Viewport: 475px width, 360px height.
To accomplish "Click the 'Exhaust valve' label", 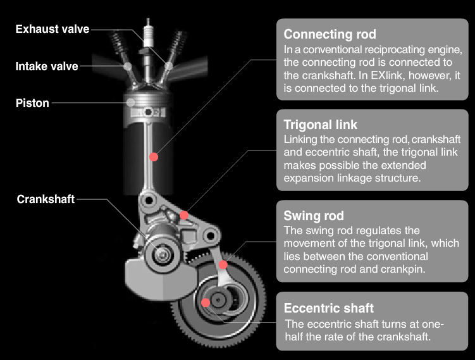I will click(x=52, y=29).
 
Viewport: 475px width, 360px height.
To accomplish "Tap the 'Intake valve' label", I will click(x=46, y=66).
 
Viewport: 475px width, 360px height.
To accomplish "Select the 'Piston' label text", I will click(x=32, y=102).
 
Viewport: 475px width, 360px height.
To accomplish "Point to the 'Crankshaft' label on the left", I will click(x=46, y=199).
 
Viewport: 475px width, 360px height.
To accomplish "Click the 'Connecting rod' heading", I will click(x=330, y=34).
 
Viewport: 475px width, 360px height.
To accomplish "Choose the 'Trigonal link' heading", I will click(x=321, y=125).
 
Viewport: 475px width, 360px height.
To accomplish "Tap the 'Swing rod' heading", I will click(x=314, y=216).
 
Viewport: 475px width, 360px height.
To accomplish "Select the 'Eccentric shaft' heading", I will click(x=329, y=308).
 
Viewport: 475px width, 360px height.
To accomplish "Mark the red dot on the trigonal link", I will click(x=183, y=215).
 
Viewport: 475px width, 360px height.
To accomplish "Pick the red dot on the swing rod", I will click(x=223, y=264).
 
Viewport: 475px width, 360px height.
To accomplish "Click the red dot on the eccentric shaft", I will click(x=205, y=302).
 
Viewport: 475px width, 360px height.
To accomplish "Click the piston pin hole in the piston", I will click(x=149, y=112).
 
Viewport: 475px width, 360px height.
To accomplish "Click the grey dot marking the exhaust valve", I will click(x=168, y=66).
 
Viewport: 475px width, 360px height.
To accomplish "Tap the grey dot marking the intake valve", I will click(x=128, y=66).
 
